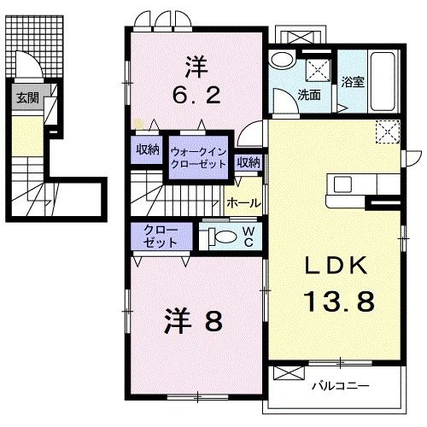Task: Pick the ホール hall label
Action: (243, 205)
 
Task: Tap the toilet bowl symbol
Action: (220, 237)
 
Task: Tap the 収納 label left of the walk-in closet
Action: (148, 149)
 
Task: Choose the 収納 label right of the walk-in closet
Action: (249, 161)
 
